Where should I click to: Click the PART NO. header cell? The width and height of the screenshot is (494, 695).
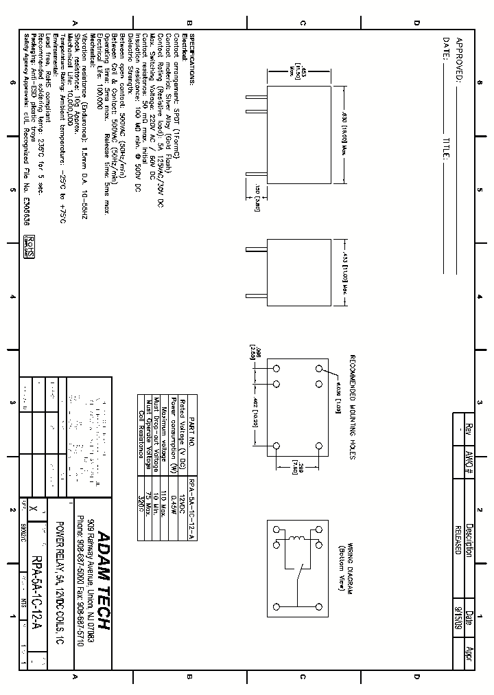coord(191,431)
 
